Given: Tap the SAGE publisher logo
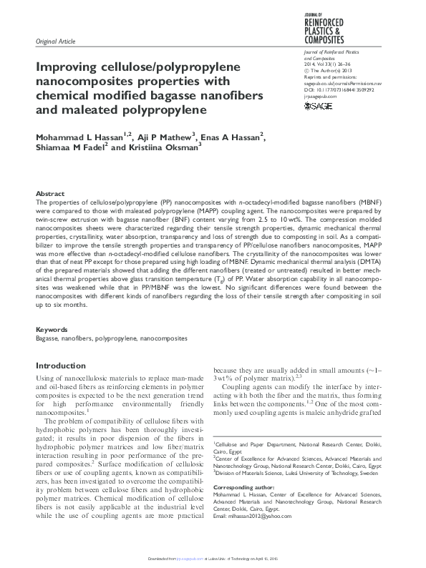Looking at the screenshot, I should tap(318, 106).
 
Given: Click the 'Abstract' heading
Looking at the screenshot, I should tap(50, 194).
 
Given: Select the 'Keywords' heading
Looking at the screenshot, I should tap(52, 330).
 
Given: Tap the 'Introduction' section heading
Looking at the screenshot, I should tap(61, 366).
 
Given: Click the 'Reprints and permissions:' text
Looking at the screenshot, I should tap(323, 77).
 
